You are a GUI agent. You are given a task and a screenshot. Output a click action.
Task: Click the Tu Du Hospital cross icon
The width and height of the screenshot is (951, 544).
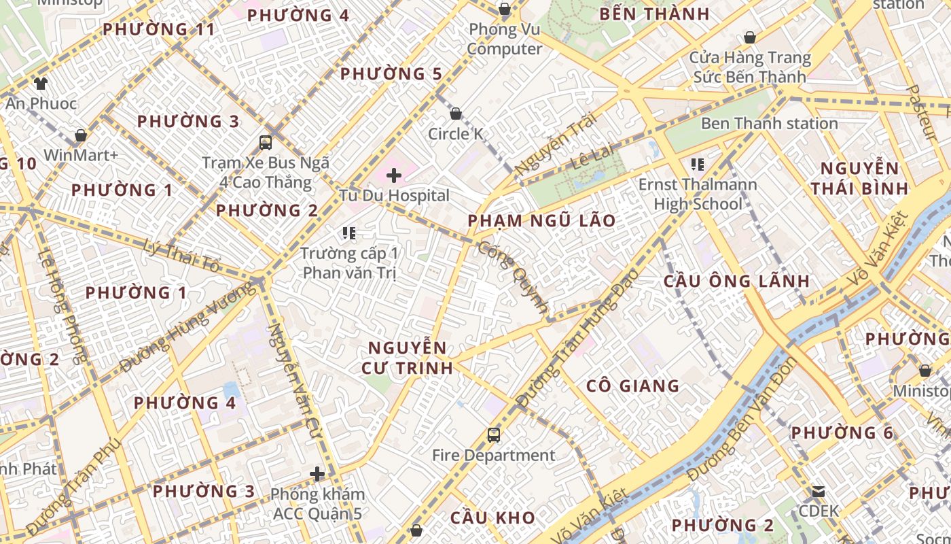394,176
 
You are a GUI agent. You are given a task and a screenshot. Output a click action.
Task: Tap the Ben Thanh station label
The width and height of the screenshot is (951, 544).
769,124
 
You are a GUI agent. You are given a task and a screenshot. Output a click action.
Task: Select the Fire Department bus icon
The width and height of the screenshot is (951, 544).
494,435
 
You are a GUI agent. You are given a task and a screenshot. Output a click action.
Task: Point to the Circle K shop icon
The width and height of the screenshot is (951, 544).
456,114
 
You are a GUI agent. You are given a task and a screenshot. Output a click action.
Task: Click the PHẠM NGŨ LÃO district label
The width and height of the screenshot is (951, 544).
541,220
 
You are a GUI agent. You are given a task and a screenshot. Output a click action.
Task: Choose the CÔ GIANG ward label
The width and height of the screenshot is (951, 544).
632,386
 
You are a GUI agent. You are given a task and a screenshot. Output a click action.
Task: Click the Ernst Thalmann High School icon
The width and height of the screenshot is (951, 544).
697,164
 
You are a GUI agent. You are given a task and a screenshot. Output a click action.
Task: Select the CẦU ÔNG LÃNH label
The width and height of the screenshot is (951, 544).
736,281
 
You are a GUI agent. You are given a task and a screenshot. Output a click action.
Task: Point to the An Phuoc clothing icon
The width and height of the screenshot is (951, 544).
41,84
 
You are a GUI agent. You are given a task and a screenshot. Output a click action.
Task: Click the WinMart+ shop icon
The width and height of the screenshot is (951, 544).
81,135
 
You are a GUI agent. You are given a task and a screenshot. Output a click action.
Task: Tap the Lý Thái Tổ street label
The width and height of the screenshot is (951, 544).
181,255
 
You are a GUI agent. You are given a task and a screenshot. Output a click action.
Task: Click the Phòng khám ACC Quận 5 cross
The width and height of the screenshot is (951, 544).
317,474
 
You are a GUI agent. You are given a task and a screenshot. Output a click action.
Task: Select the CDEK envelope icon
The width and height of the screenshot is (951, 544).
819,491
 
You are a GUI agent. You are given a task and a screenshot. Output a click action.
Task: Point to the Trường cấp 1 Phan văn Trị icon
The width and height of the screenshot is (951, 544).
350,234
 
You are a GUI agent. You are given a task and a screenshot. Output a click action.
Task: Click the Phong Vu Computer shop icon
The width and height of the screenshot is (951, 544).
505,9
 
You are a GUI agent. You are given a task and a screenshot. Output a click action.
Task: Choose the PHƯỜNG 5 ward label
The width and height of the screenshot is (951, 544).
391,74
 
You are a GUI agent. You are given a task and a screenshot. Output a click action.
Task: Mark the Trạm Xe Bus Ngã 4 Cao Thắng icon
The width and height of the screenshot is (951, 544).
266,143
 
